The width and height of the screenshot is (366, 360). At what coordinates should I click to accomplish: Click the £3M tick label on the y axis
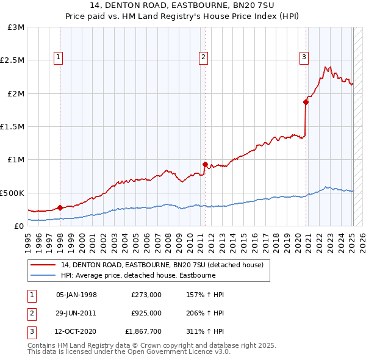pos(16,27)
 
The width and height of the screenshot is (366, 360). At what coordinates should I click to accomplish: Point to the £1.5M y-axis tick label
pos(13,126)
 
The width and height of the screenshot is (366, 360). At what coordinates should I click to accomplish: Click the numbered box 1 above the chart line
pos(58,58)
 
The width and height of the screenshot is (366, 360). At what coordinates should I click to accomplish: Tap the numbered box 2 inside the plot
pos(203,58)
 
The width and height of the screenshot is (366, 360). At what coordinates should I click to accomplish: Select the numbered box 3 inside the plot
pos(303,58)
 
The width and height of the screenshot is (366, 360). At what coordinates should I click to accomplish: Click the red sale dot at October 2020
pos(306,103)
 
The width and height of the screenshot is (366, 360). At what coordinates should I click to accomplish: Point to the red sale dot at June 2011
pos(205,164)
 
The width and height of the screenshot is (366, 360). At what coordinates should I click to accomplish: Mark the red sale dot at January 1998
pos(60,207)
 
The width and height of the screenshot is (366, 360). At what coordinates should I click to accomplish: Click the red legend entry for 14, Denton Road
pos(162,265)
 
